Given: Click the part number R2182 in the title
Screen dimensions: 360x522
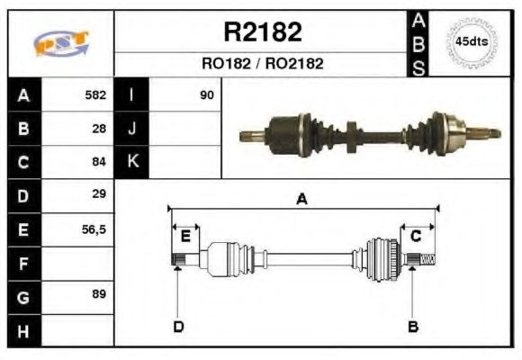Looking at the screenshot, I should [x=262, y=32].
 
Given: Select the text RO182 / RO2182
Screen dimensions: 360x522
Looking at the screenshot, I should [x=262, y=64].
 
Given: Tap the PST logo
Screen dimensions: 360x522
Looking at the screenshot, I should [x=61, y=43].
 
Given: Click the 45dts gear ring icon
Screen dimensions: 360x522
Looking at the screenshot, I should [x=472, y=42].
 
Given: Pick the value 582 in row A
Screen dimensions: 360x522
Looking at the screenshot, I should [x=95, y=94].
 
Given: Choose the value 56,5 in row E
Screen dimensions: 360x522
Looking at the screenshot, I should [x=94, y=229].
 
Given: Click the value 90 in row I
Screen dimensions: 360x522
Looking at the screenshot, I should [x=207, y=94].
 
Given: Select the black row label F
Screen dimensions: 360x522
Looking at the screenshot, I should [x=22, y=263].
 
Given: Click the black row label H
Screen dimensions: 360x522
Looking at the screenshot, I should [x=22, y=330].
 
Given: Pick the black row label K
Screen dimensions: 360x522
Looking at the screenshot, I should [x=131, y=162].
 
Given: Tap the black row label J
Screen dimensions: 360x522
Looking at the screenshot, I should [x=131, y=128].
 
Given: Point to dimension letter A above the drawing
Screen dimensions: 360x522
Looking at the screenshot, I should [x=302, y=200].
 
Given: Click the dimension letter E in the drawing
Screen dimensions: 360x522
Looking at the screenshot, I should [x=185, y=237].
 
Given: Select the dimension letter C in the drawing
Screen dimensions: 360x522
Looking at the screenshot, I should [x=416, y=237].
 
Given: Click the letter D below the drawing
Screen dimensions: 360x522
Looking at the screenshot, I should [x=177, y=326].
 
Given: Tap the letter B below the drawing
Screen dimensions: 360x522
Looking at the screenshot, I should [x=413, y=326].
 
